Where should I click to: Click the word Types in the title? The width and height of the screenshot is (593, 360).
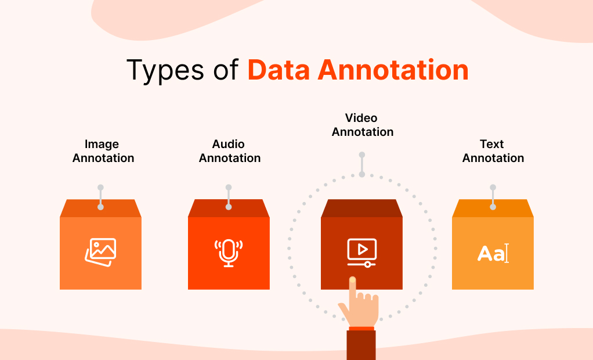click(164, 71)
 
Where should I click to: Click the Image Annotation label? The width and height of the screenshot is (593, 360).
click(103, 151)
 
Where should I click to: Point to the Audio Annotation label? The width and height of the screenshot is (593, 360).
click(229, 151)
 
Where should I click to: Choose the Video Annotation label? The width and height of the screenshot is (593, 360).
click(362, 125)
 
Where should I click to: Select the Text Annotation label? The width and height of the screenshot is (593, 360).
click(493, 151)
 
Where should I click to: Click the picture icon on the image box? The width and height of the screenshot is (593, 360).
click(100, 251)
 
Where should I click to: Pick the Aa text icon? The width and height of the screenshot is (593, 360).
click(489, 254)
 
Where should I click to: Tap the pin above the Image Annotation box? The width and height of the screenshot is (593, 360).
click(100, 197)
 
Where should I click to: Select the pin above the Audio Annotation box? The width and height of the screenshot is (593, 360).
click(229, 197)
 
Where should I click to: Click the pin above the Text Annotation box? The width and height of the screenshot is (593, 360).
click(493, 197)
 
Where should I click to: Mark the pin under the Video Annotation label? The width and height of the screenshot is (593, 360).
click(361, 164)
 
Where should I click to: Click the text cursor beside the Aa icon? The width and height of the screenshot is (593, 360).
click(507, 254)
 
